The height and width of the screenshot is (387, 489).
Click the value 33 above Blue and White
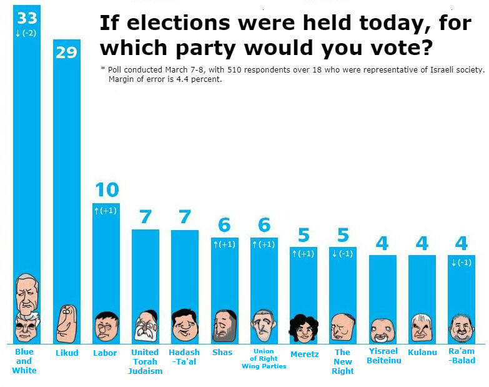coord(27,16)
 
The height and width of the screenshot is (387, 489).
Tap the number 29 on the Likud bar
coord(66,53)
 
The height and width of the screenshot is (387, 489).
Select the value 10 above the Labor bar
coord(106,189)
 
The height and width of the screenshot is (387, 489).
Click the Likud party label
coord(66,353)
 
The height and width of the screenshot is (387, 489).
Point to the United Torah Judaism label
coord(145,361)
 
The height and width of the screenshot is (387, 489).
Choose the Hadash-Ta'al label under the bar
coord(184,356)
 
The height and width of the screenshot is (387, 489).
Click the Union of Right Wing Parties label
coord(264,359)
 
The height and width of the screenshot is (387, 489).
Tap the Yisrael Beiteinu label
coord(382,356)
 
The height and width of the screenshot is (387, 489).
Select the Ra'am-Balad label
coord(462,356)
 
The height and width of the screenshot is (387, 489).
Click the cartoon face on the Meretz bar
coord(303,328)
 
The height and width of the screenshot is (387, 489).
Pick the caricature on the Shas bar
coord(224,326)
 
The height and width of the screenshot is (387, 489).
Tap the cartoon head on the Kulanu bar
coord(422,327)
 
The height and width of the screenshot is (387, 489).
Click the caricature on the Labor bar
coord(106,326)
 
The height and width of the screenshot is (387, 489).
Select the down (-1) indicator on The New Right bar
coord(343,254)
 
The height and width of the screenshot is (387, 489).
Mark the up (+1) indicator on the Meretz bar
coord(303,254)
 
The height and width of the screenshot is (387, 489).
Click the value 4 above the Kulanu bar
coord(422,243)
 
